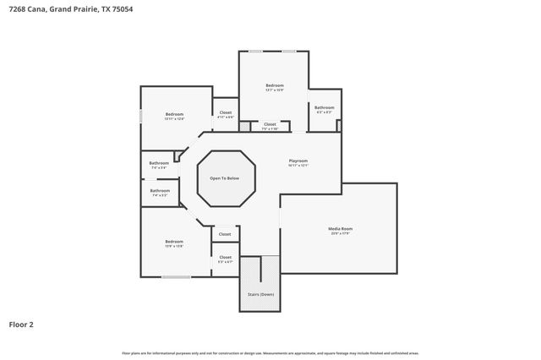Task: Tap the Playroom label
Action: pyautogui.click(x=298, y=161)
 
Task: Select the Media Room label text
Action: pyautogui.click(x=340, y=229)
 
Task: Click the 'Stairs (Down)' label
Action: pyautogui.click(x=260, y=294)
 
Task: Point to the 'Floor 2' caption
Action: pyautogui.click(x=21, y=324)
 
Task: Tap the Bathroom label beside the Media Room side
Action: pyautogui.click(x=324, y=107)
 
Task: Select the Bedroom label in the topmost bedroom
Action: pyautogui.click(x=274, y=85)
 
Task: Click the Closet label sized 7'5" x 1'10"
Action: pyautogui.click(x=270, y=124)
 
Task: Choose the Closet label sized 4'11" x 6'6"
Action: pyautogui.click(x=226, y=112)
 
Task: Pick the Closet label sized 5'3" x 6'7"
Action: pyautogui.click(x=225, y=257)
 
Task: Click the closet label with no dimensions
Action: pyautogui.click(x=225, y=234)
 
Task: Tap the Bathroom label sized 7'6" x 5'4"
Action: pyautogui.click(x=159, y=163)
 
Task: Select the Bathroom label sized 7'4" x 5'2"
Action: pyautogui.click(x=160, y=191)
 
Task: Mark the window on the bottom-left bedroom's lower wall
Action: pyautogui.click(x=176, y=277)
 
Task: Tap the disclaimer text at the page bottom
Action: pyautogui.click(x=270, y=352)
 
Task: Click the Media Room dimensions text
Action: pyautogui.click(x=340, y=233)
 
